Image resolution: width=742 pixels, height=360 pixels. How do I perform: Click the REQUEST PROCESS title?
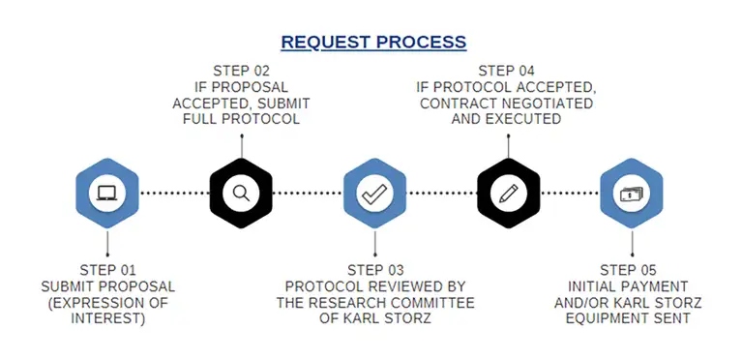click(373, 43)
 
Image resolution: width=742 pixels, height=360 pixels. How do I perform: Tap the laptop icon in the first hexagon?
click(106, 192)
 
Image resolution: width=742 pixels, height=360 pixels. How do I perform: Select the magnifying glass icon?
click(241, 192)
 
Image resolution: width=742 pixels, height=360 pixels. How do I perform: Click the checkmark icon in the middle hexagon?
click(373, 192)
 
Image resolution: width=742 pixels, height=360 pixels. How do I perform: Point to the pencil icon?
click(507, 192)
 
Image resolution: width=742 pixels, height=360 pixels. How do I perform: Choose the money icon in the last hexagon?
click(631, 192)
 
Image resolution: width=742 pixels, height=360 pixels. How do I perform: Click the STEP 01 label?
click(107, 270)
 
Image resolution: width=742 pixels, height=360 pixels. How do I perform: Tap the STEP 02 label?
click(241, 71)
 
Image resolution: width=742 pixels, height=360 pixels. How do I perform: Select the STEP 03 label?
click(374, 270)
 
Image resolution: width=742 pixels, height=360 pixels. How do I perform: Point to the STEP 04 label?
click(507, 71)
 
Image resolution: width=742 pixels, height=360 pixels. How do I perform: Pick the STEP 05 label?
click(631, 270)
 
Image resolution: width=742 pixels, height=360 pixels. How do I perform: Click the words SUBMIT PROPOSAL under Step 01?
click(107, 286)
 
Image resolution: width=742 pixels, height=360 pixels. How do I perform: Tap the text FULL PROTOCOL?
click(241, 119)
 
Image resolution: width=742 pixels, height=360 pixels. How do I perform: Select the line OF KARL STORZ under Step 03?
click(374, 318)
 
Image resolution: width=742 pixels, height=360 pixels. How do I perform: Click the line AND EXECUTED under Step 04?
click(507, 119)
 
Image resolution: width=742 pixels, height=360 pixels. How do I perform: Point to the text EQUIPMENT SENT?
click(631, 318)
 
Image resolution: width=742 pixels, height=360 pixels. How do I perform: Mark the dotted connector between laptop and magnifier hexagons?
click(174, 193)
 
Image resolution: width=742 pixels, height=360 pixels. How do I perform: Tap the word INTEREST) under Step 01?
click(107, 318)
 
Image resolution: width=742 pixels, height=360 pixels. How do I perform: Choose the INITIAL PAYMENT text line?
click(631, 286)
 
